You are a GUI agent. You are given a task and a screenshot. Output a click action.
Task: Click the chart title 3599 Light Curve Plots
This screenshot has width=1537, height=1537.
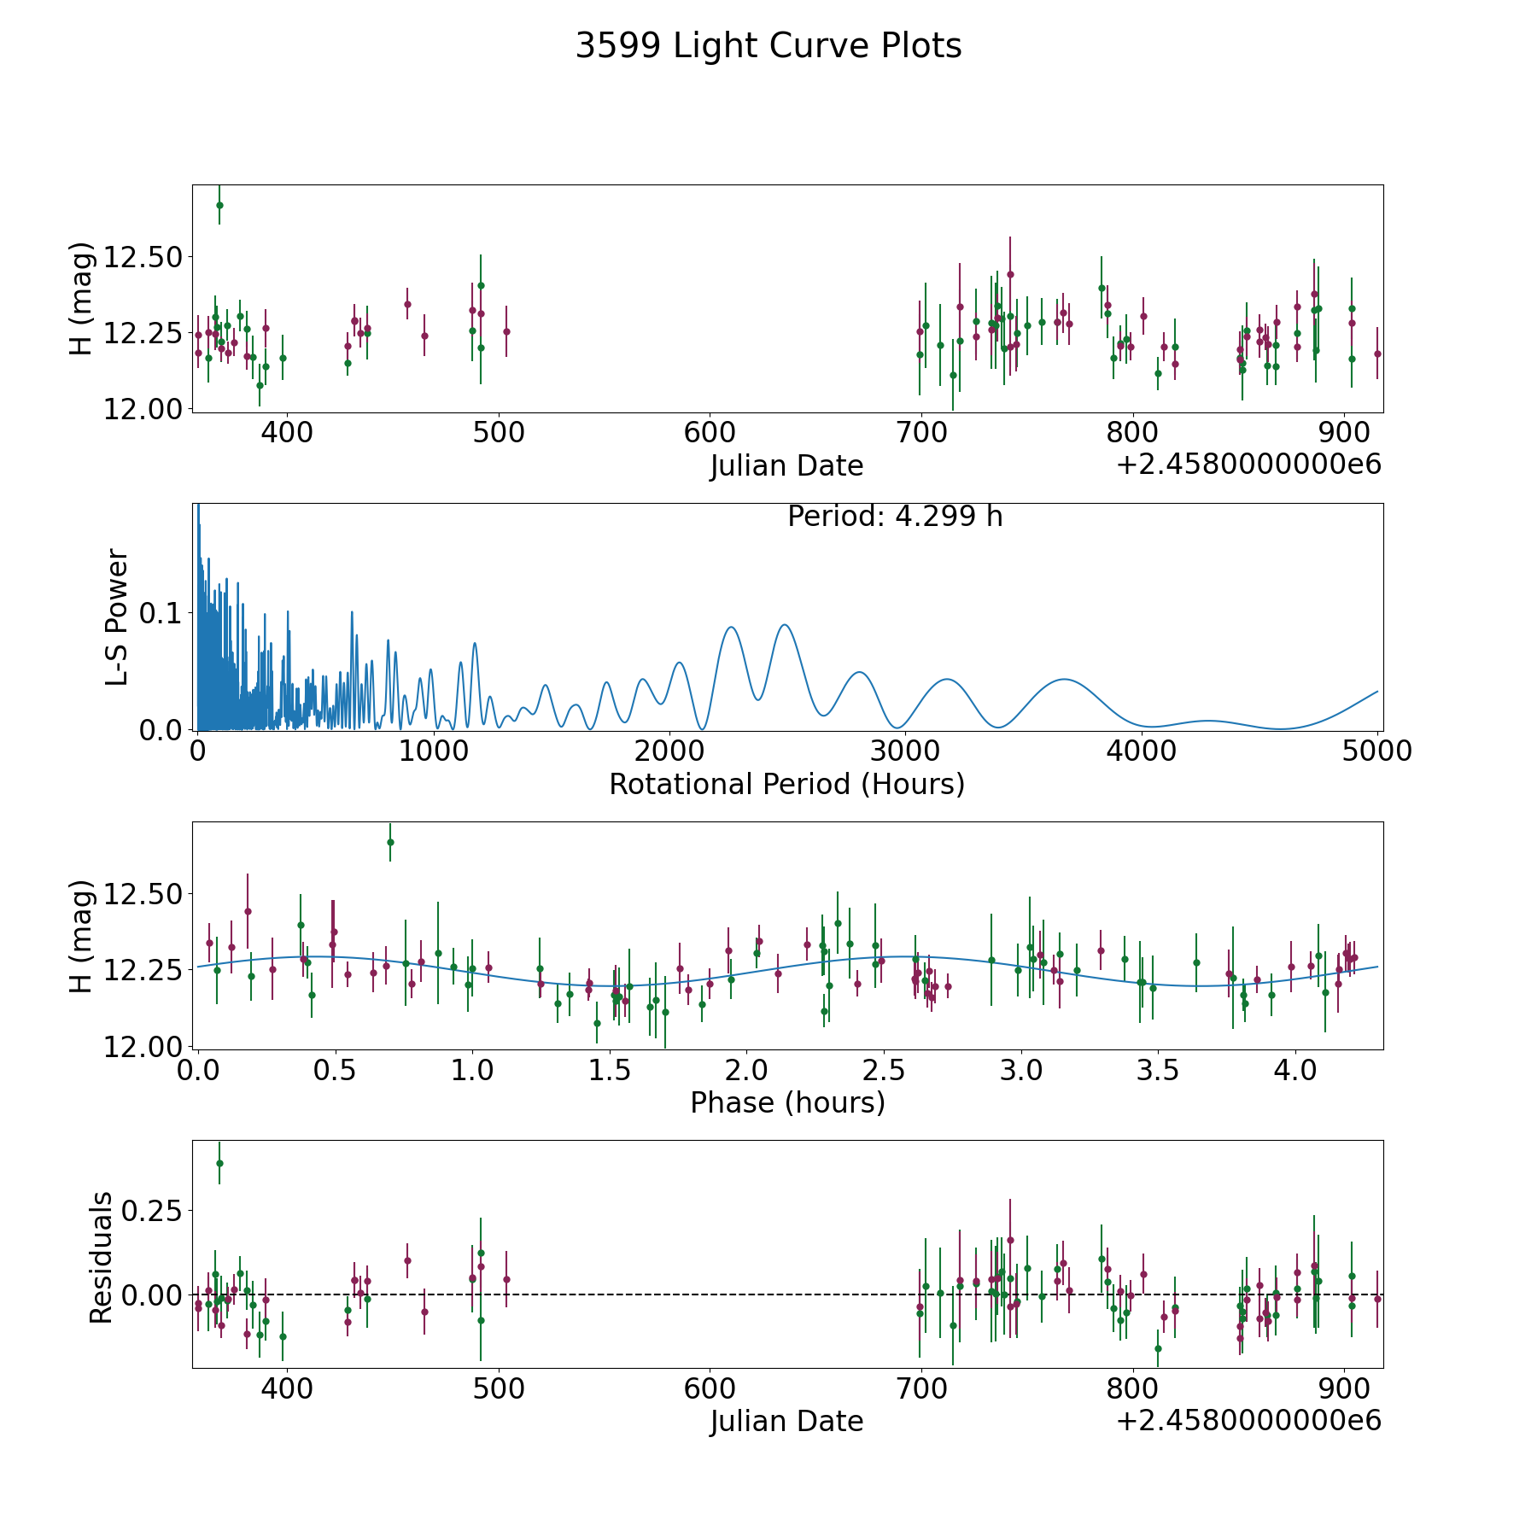pyautogui.click(x=768, y=46)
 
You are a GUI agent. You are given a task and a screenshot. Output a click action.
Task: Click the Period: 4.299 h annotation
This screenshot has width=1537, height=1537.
pyautogui.click(x=895, y=517)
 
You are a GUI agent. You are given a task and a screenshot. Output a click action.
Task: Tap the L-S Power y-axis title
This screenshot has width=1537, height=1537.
pyautogui.click(x=117, y=617)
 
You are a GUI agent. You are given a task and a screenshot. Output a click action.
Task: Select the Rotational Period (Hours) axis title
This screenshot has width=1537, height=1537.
pyautogui.click(x=786, y=784)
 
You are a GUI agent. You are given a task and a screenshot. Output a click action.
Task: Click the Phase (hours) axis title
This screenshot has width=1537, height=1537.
pyautogui.click(x=787, y=1102)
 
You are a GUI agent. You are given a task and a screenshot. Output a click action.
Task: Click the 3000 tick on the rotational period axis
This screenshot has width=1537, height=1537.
pyautogui.click(x=905, y=751)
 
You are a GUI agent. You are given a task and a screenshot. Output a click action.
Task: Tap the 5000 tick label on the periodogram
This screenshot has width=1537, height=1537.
pyautogui.click(x=1377, y=751)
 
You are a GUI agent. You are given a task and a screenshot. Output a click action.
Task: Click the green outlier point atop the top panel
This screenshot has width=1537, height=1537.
pyautogui.click(x=219, y=205)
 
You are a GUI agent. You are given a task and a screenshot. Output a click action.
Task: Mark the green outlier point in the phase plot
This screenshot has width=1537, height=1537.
pyautogui.click(x=390, y=842)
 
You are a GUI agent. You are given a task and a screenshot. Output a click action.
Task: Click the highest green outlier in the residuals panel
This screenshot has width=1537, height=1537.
pyautogui.click(x=219, y=1163)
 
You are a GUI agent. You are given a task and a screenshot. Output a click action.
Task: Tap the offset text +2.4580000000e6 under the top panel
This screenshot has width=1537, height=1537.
pyautogui.click(x=1248, y=465)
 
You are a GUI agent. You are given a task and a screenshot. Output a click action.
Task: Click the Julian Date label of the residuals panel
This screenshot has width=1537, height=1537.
pyautogui.click(x=786, y=1421)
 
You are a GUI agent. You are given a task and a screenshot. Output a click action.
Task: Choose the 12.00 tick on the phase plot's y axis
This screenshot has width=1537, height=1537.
pyautogui.click(x=142, y=1047)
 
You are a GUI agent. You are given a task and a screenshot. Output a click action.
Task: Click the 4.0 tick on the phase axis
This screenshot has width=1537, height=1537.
pyautogui.click(x=1295, y=1070)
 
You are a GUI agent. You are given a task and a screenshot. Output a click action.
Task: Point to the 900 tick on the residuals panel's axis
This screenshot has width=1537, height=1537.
pyautogui.click(x=1345, y=1388)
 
